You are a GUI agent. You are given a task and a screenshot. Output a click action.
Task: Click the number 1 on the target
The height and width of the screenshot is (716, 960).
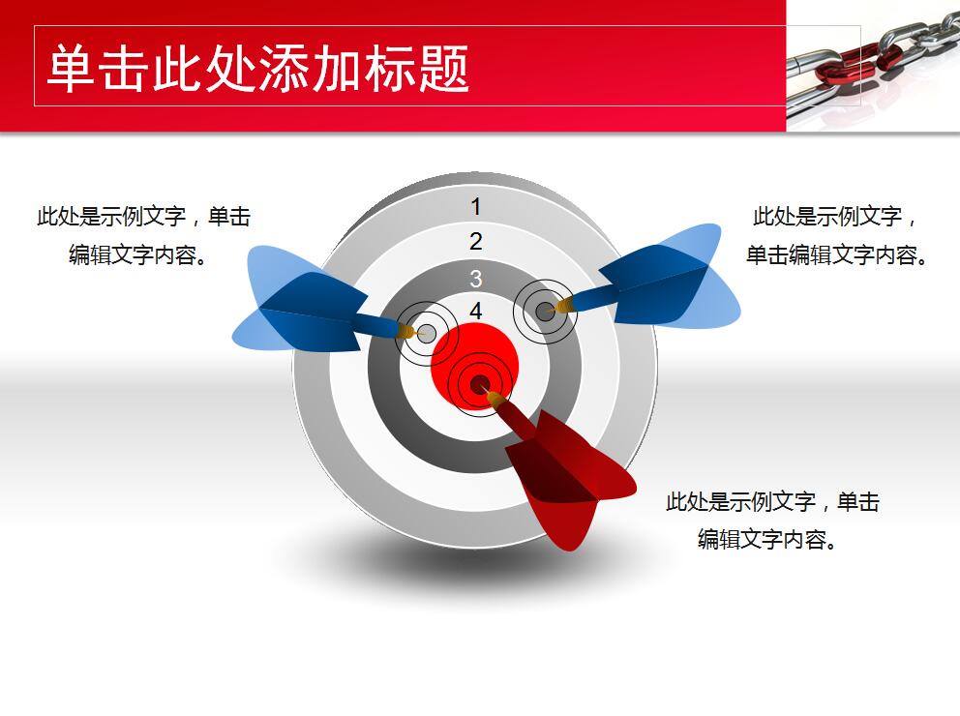(x=475, y=206)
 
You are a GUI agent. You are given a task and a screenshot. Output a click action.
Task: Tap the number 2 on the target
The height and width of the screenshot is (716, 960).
(x=475, y=242)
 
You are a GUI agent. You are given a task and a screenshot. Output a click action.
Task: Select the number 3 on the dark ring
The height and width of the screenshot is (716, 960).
(x=475, y=280)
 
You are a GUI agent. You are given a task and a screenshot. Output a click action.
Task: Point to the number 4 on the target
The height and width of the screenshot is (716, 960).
(x=475, y=312)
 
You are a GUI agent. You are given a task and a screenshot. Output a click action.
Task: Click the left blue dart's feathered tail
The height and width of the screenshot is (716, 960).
(x=290, y=300)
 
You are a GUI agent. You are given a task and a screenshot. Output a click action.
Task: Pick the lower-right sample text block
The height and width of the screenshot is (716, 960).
(x=771, y=521)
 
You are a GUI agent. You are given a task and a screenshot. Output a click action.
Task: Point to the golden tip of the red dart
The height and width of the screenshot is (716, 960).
(x=495, y=398)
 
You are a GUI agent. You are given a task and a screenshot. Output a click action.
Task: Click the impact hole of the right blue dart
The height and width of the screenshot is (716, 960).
(x=545, y=311)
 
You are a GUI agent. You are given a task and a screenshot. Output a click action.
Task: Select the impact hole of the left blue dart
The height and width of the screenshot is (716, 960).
(x=426, y=334)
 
